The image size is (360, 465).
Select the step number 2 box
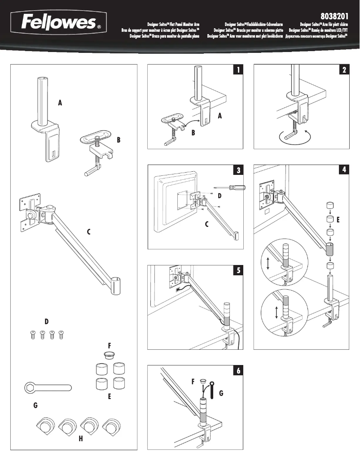pos(344,70)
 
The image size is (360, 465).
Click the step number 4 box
pos(344,170)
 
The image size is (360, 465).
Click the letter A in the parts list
pos(60,103)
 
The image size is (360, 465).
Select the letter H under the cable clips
pos(81,439)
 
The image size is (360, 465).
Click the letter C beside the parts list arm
pos(89,232)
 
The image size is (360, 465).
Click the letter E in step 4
pos(338,220)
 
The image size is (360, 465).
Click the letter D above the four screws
pos(46,322)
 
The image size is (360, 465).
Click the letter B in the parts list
pos(119,140)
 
